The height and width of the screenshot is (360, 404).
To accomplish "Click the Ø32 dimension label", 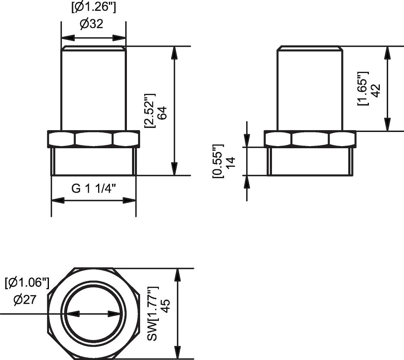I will coord(91,24).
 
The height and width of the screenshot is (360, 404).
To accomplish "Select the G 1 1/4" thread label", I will coord(94,188).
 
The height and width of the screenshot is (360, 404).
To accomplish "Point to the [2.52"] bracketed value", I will coord(150,111).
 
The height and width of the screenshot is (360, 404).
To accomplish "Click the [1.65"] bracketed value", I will coord(362,89).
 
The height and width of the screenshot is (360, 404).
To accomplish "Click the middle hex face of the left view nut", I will coord(94,139).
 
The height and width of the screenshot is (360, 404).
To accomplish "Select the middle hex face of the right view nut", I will coord(310,139).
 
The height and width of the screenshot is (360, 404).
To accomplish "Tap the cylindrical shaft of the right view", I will coord(310,89).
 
